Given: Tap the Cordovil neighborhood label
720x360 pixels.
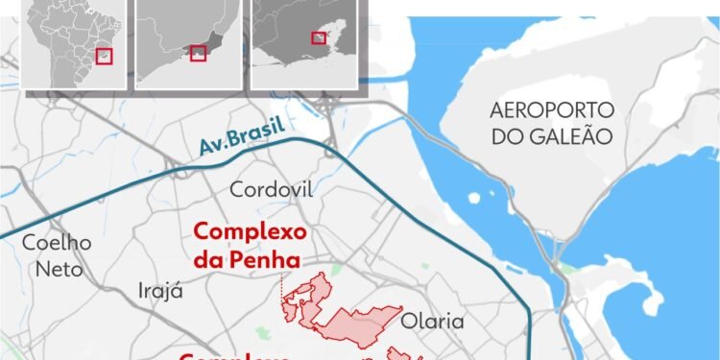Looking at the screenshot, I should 272,189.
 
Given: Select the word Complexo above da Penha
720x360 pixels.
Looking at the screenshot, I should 250,232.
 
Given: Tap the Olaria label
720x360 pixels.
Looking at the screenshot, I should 433,321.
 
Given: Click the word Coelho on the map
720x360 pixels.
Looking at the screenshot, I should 57,243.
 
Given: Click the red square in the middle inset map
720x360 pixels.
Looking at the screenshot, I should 199,53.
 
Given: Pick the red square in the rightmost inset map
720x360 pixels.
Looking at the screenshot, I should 318,37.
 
